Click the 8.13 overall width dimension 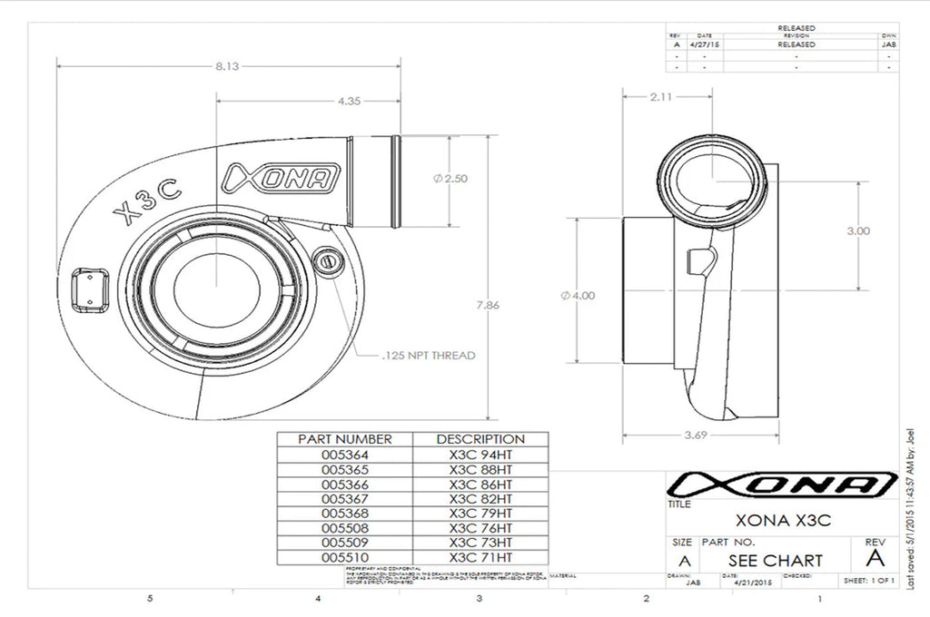pos(228,66)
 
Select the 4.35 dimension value pos(349,102)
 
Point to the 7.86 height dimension pos(489,305)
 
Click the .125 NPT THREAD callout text pos(425,355)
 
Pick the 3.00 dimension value pos(857,230)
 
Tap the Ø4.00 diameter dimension pos(579,295)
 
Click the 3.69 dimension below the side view pos(698,436)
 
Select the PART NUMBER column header pos(345,439)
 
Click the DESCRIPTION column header pos(480,439)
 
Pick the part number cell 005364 pos(345,455)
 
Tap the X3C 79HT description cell pos(480,513)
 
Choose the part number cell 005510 pos(345,556)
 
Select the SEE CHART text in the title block pos(775,560)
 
